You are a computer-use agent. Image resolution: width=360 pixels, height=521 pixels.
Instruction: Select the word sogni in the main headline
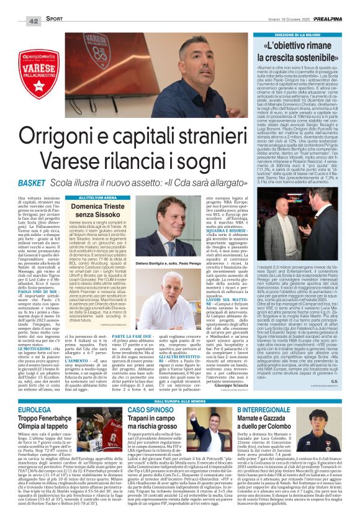tap(214, 161)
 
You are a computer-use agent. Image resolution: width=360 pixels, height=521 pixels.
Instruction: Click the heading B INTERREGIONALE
tap(272, 412)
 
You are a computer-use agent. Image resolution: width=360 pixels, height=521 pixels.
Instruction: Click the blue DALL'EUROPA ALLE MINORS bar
tap(180, 402)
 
